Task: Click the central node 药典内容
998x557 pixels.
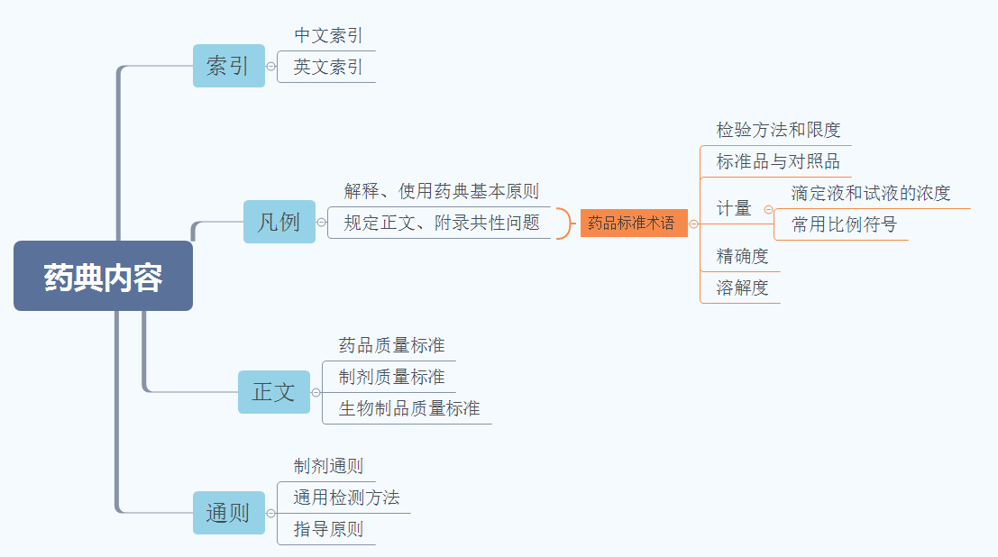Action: [x=103, y=277]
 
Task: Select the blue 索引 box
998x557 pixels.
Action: [x=229, y=66]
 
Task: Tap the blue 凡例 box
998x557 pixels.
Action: [x=279, y=222]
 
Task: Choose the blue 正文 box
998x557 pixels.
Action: [x=274, y=392]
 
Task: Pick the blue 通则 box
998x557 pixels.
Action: [x=229, y=513]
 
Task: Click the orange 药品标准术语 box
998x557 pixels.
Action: [x=633, y=223]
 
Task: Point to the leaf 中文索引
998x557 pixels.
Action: [x=328, y=36]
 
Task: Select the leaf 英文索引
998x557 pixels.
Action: [x=328, y=68]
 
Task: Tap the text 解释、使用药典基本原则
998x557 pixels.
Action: [x=442, y=191]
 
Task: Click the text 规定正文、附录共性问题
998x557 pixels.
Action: [x=442, y=223]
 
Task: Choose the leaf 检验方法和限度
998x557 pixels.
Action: [x=778, y=130]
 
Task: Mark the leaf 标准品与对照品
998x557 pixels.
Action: [x=778, y=162]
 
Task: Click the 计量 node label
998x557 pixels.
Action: [x=734, y=208]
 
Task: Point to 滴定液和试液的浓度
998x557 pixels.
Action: [x=871, y=193]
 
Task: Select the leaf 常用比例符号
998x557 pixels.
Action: [x=844, y=224]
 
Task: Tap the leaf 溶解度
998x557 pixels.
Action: [x=742, y=288]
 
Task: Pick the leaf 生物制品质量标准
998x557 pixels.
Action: [x=409, y=408]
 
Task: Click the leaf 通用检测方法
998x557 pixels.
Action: [x=346, y=498]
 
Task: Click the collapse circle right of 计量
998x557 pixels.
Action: [x=768, y=209]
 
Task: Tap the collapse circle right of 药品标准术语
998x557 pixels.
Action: [x=693, y=224]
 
